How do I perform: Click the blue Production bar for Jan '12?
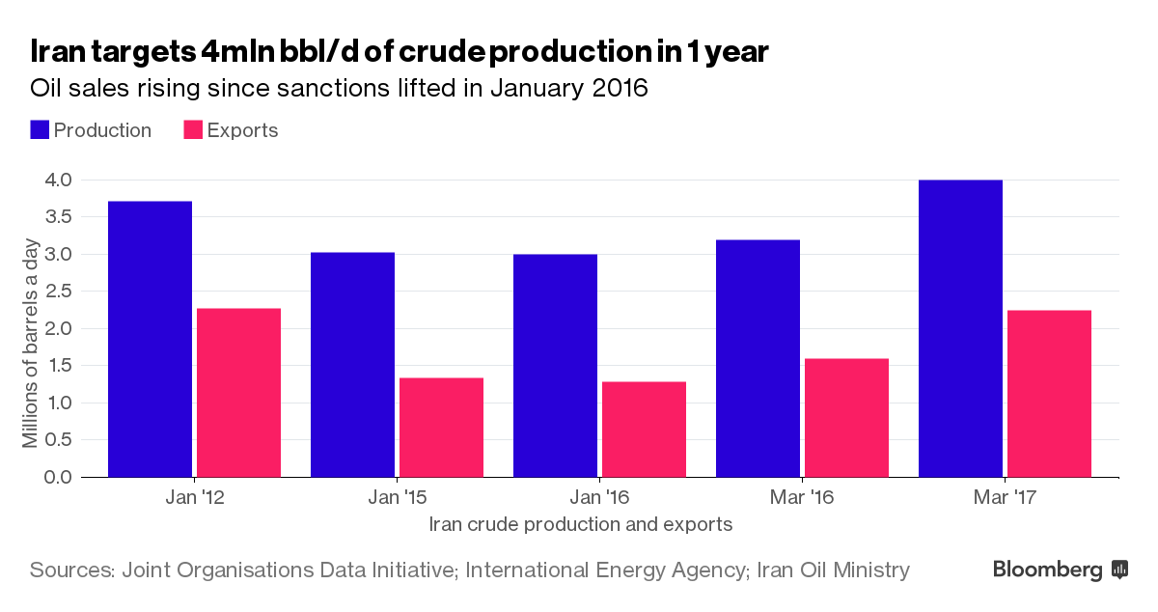(x=150, y=339)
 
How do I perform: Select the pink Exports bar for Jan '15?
(x=441, y=427)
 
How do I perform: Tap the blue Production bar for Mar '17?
(x=960, y=328)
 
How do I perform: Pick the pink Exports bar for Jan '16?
(x=644, y=429)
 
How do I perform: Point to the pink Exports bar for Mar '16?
(x=846, y=417)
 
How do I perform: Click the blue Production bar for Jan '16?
(x=555, y=365)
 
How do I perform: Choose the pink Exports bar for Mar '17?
(x=1049, y=393)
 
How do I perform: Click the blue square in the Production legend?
(x=40, y=130)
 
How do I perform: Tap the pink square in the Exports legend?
(x=193, y=130)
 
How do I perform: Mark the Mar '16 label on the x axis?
(x=802, y=499)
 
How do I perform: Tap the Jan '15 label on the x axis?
(x=397, y=499)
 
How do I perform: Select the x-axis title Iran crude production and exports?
(x=580, y=525)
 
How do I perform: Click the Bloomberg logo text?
(x=1048, y=570)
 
